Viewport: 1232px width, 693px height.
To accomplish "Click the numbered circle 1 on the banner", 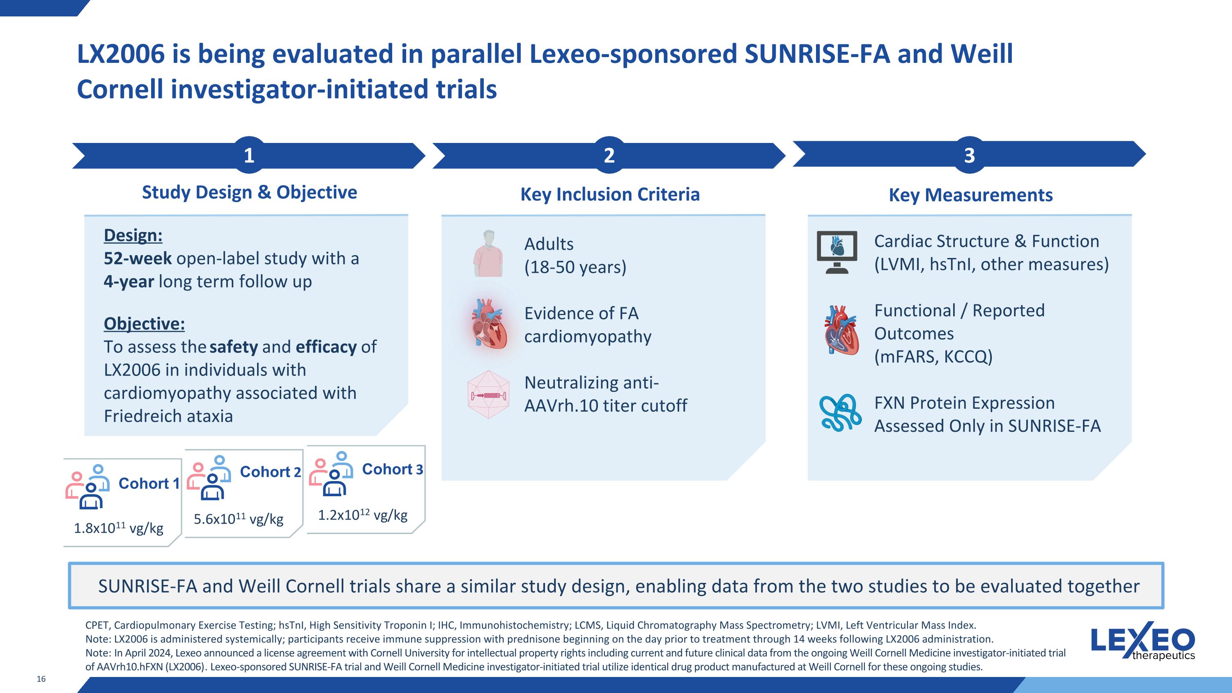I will tap(249, 155).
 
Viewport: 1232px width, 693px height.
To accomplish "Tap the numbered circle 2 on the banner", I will tap(609, 155).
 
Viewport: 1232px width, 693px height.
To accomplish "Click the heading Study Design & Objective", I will tap(249, 192).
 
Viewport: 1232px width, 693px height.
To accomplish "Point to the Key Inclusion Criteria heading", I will tap(610, 195).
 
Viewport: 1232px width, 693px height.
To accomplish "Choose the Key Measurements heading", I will tap(970, 195).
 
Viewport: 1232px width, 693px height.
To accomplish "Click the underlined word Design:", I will tap(133, 235).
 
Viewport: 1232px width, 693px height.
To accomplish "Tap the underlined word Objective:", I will tap(144, 324).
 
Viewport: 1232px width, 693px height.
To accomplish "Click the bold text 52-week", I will tap(138, 258).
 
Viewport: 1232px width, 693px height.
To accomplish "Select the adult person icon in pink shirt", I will tap(488, 253).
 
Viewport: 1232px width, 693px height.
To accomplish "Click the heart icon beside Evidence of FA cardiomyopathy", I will tap(488, 323).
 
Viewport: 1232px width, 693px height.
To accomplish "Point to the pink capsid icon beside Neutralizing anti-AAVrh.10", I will tap(488, 395).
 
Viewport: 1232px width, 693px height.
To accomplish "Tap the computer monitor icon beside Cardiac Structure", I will tap(837, 252).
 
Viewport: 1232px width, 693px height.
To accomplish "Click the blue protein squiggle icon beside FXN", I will tap(840, 413).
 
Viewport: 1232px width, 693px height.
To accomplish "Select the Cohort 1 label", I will tap(149, 483).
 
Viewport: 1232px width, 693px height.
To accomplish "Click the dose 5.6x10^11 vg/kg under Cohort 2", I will tap(238, 519).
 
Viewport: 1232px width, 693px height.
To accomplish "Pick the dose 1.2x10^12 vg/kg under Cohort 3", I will tap(363, 515).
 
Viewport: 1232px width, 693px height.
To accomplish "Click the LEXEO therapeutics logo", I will tap(1142, 643).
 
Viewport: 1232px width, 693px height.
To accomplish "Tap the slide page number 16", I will tap(41, 679).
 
